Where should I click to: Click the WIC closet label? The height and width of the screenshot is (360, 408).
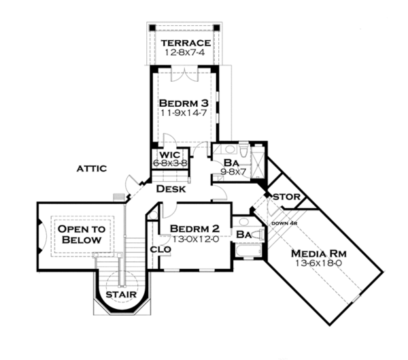click(x=169, y=156)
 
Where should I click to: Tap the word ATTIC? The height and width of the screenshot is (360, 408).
click(x=91, y=168)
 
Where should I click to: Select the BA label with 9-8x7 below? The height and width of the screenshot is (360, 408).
click(x=231, y=163)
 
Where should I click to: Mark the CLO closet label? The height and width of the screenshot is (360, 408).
click(x=155, y=249)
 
